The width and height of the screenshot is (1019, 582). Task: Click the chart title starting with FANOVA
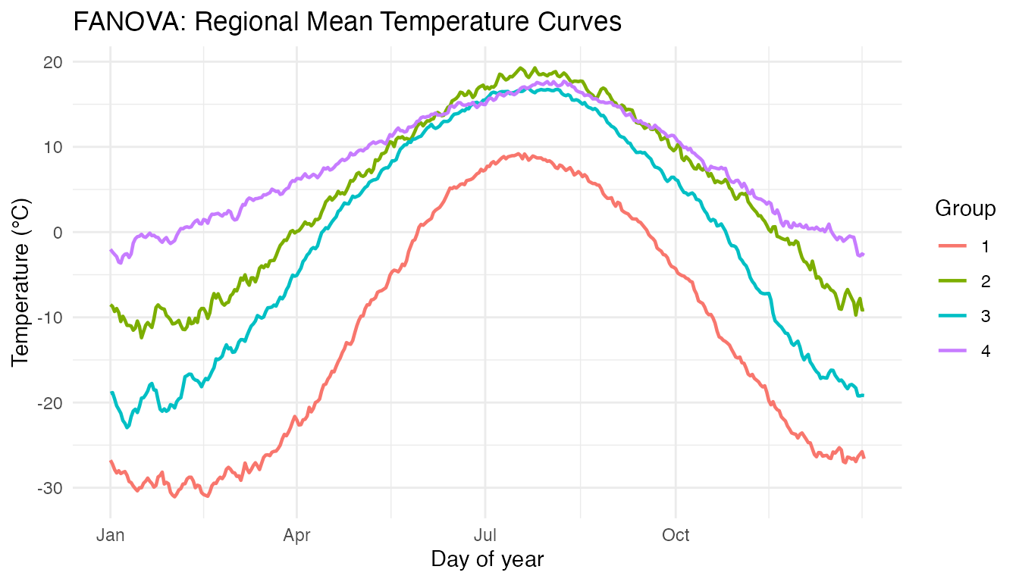click(x=346, y=23)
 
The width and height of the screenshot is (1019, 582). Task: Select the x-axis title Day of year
click(x=487, y=559)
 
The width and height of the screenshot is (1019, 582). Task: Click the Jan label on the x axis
click(x=111, y=536)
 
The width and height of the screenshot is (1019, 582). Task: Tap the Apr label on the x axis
click(x=296, y=536)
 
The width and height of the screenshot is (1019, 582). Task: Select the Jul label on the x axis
click(x=484, y=536)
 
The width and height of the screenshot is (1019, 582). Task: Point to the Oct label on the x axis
click(x=675, y=536)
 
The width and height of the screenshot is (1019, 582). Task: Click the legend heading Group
click(x=965, y=208)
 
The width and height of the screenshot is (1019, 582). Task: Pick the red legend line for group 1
click(x=952, y=246)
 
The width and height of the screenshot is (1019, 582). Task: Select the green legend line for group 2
click(x=952, y=281)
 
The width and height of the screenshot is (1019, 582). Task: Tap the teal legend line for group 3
click(x=952, y=316)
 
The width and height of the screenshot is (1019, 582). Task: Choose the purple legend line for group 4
click(x=952, y=351)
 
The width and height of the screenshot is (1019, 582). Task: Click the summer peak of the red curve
click(x=520, y=154)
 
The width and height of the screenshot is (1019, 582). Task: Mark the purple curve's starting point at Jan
click(x=111, y=250)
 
